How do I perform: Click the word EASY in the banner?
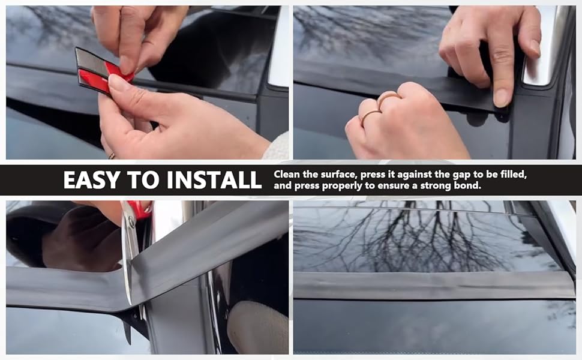point(92,180)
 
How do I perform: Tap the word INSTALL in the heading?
point(214,180)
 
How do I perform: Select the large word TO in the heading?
point(143,180)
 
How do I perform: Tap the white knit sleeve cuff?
point(277,146)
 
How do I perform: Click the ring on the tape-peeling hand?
point(112,156)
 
